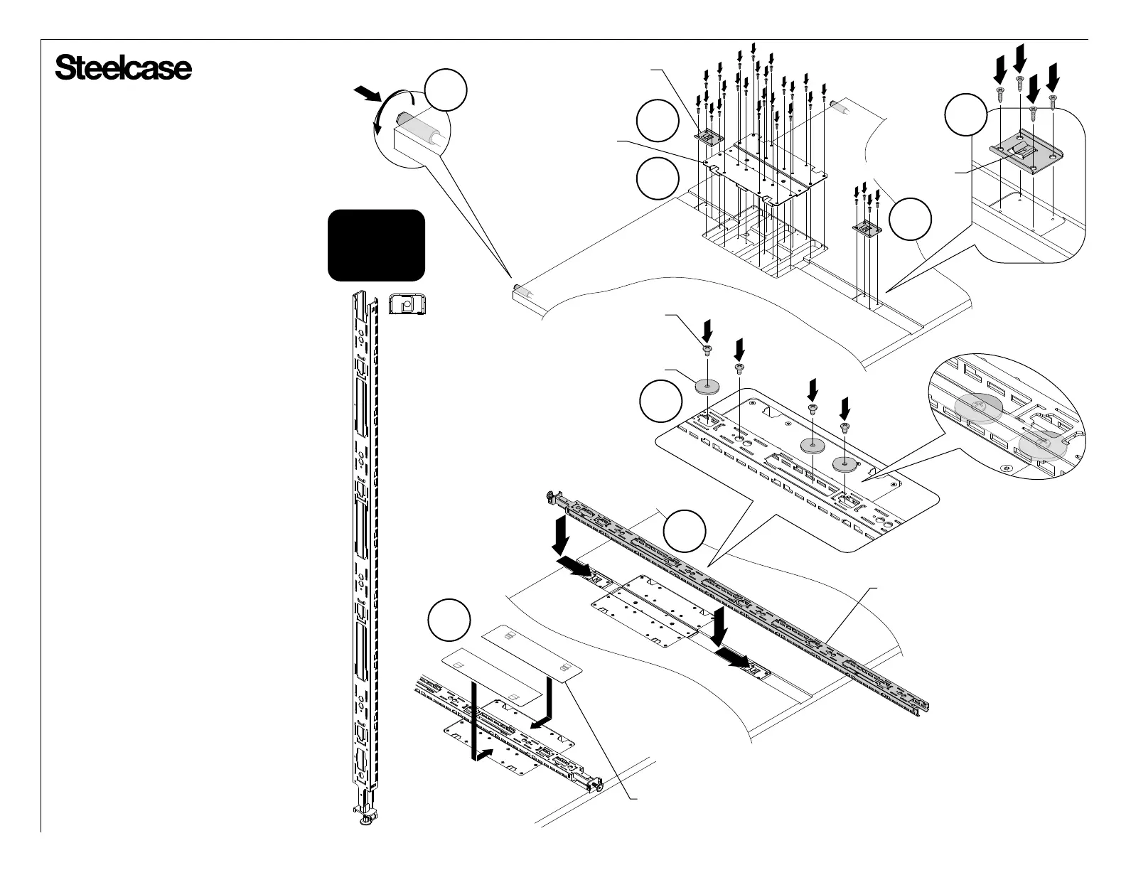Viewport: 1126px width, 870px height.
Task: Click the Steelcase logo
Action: click(x=123, y=69)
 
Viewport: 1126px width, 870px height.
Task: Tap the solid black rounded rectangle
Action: click(x=376, y=245)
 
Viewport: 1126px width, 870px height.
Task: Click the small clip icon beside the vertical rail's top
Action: click(x=407, y=305)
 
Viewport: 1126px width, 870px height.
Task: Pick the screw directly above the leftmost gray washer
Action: click(x=707, y=349)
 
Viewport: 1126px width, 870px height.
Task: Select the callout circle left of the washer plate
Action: click(x=660, y=402)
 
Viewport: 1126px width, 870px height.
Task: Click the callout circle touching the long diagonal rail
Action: click(x=685, y=530)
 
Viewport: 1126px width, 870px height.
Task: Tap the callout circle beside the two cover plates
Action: click(x=449, y=621)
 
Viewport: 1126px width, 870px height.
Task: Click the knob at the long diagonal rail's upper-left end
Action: click(x=550, y=496)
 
